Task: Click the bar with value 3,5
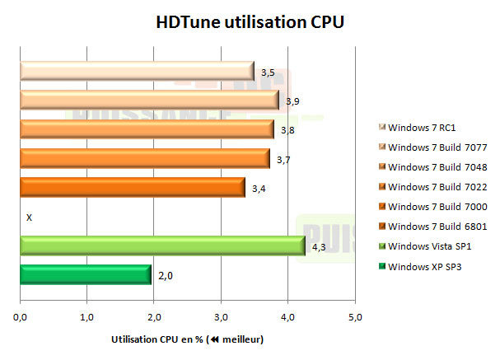[x=136, y=71]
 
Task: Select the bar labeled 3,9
[x=149, y=100]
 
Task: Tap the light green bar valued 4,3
[x=162, y=245]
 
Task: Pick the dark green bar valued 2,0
[x=86, y=274]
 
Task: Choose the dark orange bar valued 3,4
[x=132, y=187]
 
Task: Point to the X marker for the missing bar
[x=29, y=217]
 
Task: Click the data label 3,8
[x=287, y=130]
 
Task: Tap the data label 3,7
[x=283, y=159]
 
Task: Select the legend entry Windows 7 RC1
[x=422, y=128]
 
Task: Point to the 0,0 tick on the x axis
[x=21, y=316]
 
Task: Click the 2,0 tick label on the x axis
[x=154, y=316]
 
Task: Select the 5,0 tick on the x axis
[x=354, y=316]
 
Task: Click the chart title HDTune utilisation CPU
[x=249, y=22]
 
